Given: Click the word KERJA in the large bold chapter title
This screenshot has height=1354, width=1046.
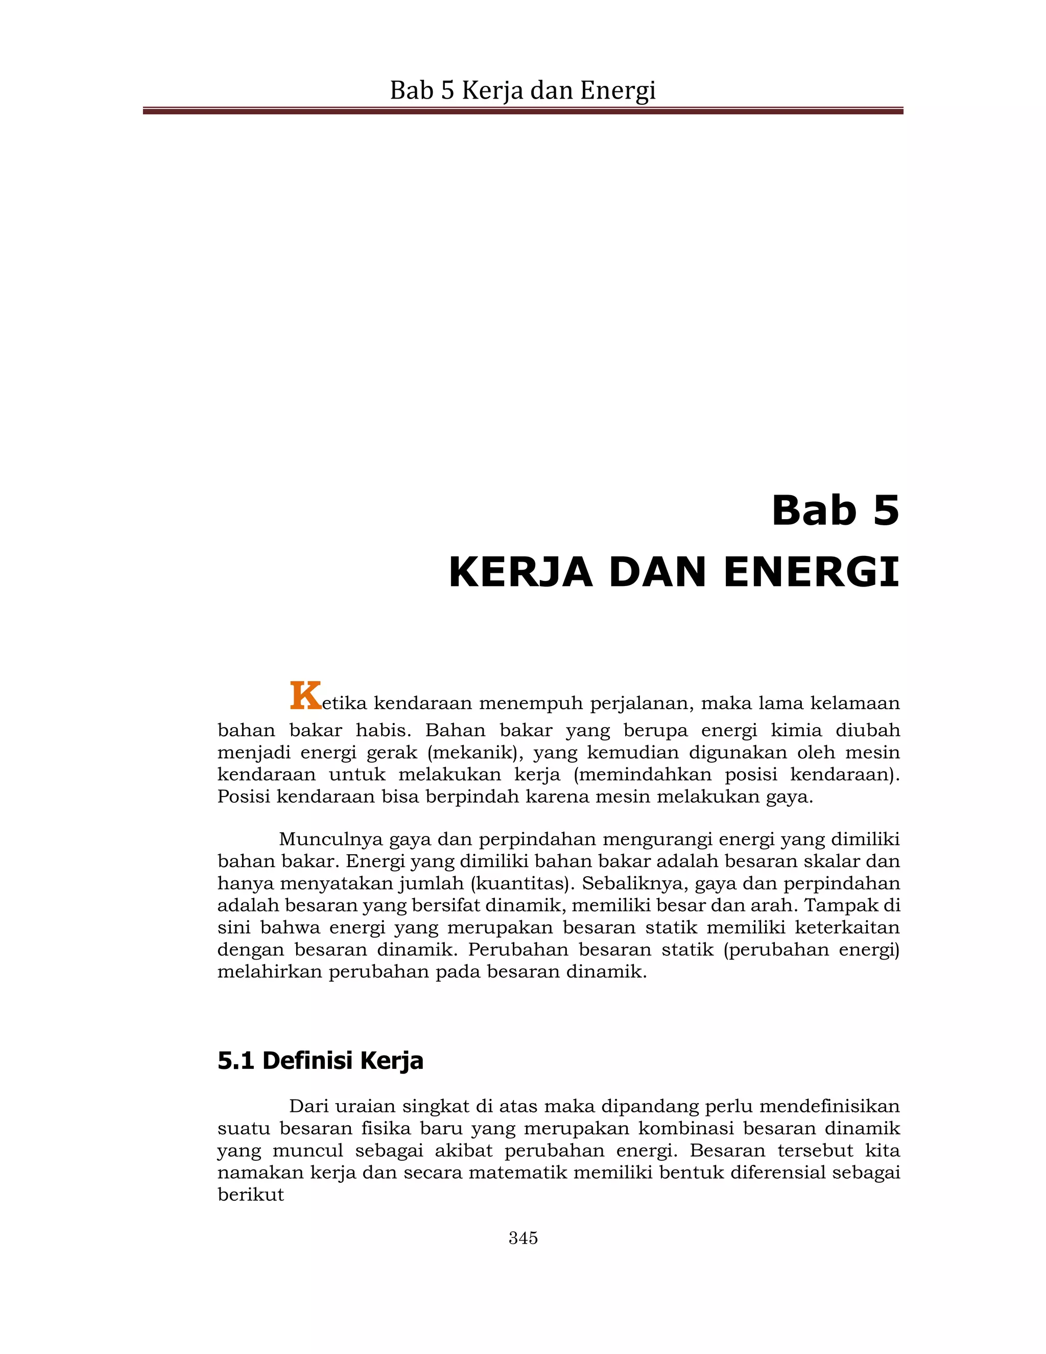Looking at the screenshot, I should coord(520,572).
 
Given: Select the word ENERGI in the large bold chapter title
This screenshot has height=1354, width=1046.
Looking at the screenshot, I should coord(811,572).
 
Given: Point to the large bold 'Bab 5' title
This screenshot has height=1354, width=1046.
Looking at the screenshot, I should coord(835,510).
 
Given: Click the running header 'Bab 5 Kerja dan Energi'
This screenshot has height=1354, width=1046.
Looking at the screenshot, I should coord(522,90).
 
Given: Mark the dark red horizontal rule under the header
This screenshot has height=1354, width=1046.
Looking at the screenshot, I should coord(522,111).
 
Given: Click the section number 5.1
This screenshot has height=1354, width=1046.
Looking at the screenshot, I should coord(235,1061).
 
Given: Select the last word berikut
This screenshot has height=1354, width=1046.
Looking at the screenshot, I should coord(250,1195).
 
